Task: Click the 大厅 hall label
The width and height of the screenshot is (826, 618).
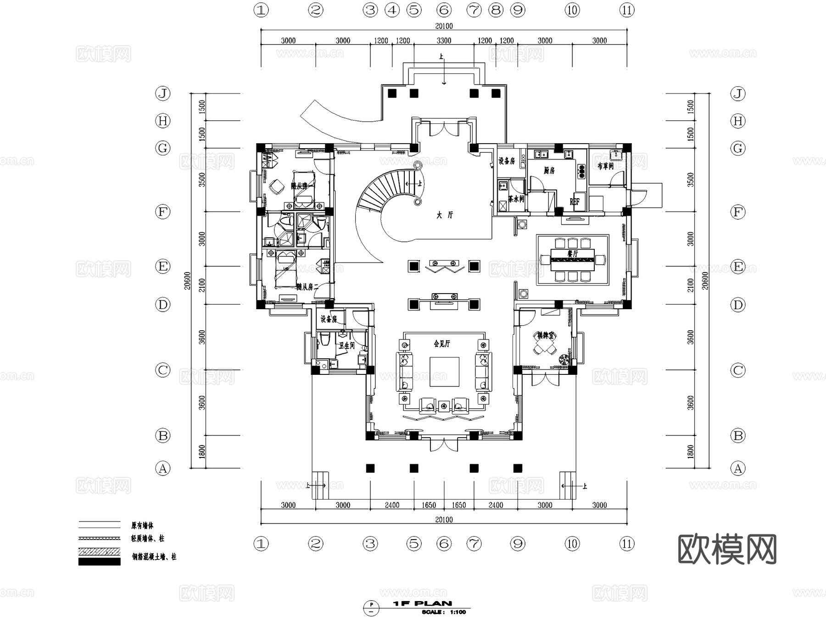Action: [x=444, y=215]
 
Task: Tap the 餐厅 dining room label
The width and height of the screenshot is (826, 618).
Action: [x=573, y=254]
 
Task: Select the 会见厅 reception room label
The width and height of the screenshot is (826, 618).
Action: [x=442, y=343]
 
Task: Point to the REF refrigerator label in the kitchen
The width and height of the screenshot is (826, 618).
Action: [x=575, y=201]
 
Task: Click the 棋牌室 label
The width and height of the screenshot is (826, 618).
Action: [x=546, y=336]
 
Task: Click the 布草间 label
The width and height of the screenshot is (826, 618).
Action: [x=605, y=166]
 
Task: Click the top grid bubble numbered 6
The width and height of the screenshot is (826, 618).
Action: [x=444, y=10]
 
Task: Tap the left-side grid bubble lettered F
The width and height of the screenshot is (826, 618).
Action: [x=162, y=212]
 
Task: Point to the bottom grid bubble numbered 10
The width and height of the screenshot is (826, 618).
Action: [x=572, y=544]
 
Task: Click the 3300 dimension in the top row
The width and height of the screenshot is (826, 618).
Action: [x=444, y=40]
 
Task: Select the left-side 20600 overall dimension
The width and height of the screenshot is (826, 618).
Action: [x=187, y=281]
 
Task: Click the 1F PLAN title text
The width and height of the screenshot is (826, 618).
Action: [x=422, y=603]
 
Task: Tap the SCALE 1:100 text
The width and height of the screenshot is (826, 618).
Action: [x=443, y=612]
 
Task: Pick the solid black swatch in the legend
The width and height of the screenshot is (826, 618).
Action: [x=99, y=562]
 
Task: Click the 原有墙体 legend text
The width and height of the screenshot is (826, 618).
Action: [x=142, y=525]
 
